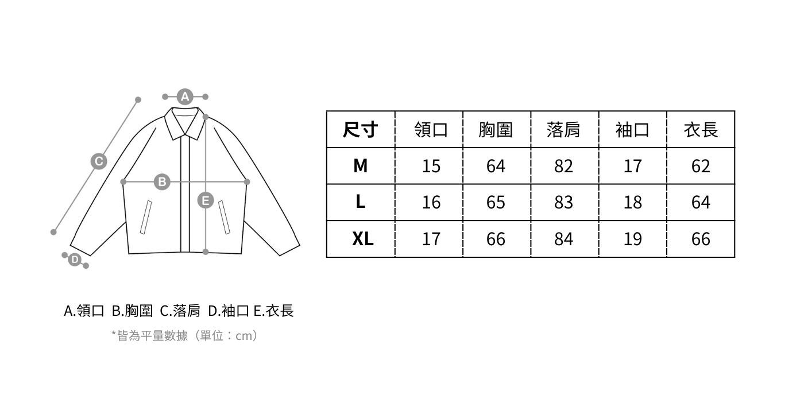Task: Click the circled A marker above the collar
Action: pyautogui.click(x=185, y=96)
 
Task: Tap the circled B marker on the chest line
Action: pyautogui.click(x=162, y=182)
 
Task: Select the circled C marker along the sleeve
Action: pyautogui.click(x=99, y=162)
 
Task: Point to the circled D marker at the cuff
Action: pyautogui.click(x=75, y=260)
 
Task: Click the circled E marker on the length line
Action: pyautogui.click(x=206, y=200)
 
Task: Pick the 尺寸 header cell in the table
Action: pyautogui.click(x=360, y=130)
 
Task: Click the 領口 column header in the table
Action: pyautogui.click(x=431, y=130)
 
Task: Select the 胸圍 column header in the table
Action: pyautogui.click(x=496, y=130)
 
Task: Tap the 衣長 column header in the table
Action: pyautogui.click(x=701, y=130)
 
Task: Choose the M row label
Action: pyautogui.click(x=361, y=166)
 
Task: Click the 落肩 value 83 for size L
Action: pyautogui.click(x=563, y=203)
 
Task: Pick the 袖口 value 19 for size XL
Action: pyautogui.click(x=632, y=239)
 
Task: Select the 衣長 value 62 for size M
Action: pyautogui.click(x=701, y=166)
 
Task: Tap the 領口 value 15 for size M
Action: pyautogui.click(x=431, y=166)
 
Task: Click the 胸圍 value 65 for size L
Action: pyautogui.click(x=496, y=203)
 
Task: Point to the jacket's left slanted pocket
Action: pyautogui.click(x=145, y=217)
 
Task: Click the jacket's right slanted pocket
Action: pyautogui.click(x=224, y=217)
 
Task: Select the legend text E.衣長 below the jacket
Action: pyautogui.click(x=274, y=311)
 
